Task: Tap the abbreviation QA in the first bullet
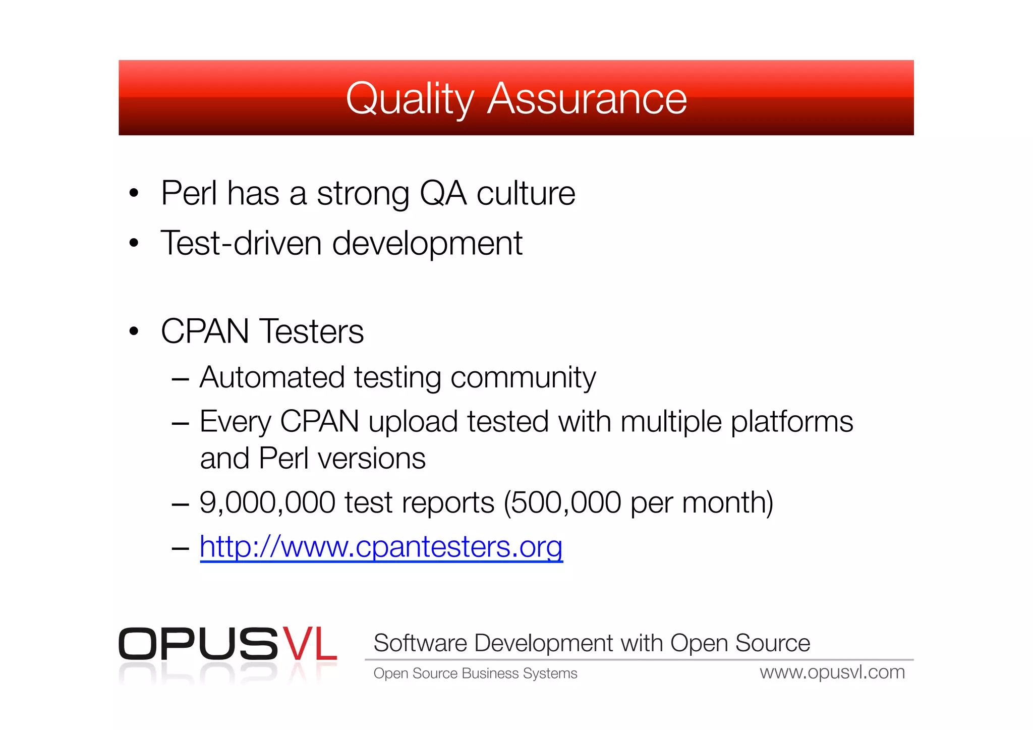(443, 193)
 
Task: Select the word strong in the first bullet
(363, 194)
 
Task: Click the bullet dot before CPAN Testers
(134, 331)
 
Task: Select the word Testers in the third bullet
(312, 331)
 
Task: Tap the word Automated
(272, 377)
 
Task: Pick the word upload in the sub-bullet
(413, 422)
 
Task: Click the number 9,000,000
(267, 502)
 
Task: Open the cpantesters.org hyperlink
(381, 547)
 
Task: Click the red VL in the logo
(309, 644)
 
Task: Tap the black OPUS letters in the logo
(198, 644)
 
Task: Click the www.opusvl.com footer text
(832, 672)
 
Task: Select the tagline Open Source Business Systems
(475, 673)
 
